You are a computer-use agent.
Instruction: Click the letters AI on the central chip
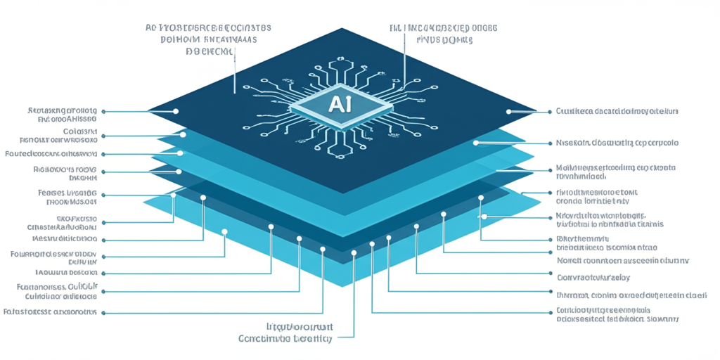pos(340,105)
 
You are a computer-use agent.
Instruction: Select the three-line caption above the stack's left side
pos(209,39)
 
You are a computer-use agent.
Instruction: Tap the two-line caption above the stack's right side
pos(443,34)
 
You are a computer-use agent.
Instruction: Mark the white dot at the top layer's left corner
pos(176,111)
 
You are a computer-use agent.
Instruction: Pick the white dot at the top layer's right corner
pos(508,111)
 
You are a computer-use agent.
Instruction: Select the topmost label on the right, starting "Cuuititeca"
pos(617,111)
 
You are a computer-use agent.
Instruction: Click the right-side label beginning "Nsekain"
pos(617,143)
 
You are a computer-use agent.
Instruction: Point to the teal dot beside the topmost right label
pos(548,111)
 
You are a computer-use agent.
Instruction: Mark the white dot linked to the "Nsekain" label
pos(476,143)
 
